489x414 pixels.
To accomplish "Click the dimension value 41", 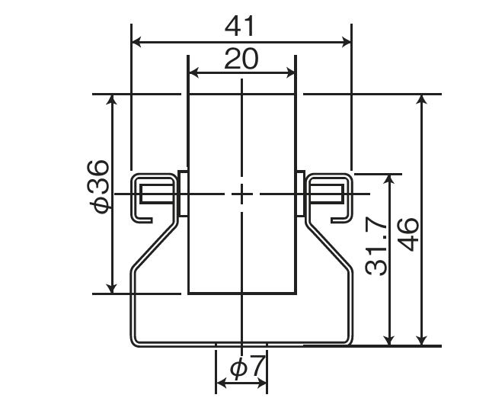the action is (x=239, y=26).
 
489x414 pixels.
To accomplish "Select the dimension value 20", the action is (x=241, y=59).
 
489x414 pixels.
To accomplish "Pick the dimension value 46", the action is (x=409, y=235).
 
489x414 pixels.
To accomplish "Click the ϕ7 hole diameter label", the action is (x=248, y=366).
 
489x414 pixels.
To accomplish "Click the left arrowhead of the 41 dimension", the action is (x=136, y=42).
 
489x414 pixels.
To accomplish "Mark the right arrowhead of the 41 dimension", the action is (x=347, y=42).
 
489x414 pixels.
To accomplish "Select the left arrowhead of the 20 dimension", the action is (x=193, y=73).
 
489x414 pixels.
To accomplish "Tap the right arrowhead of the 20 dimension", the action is (x=290, y=73).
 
